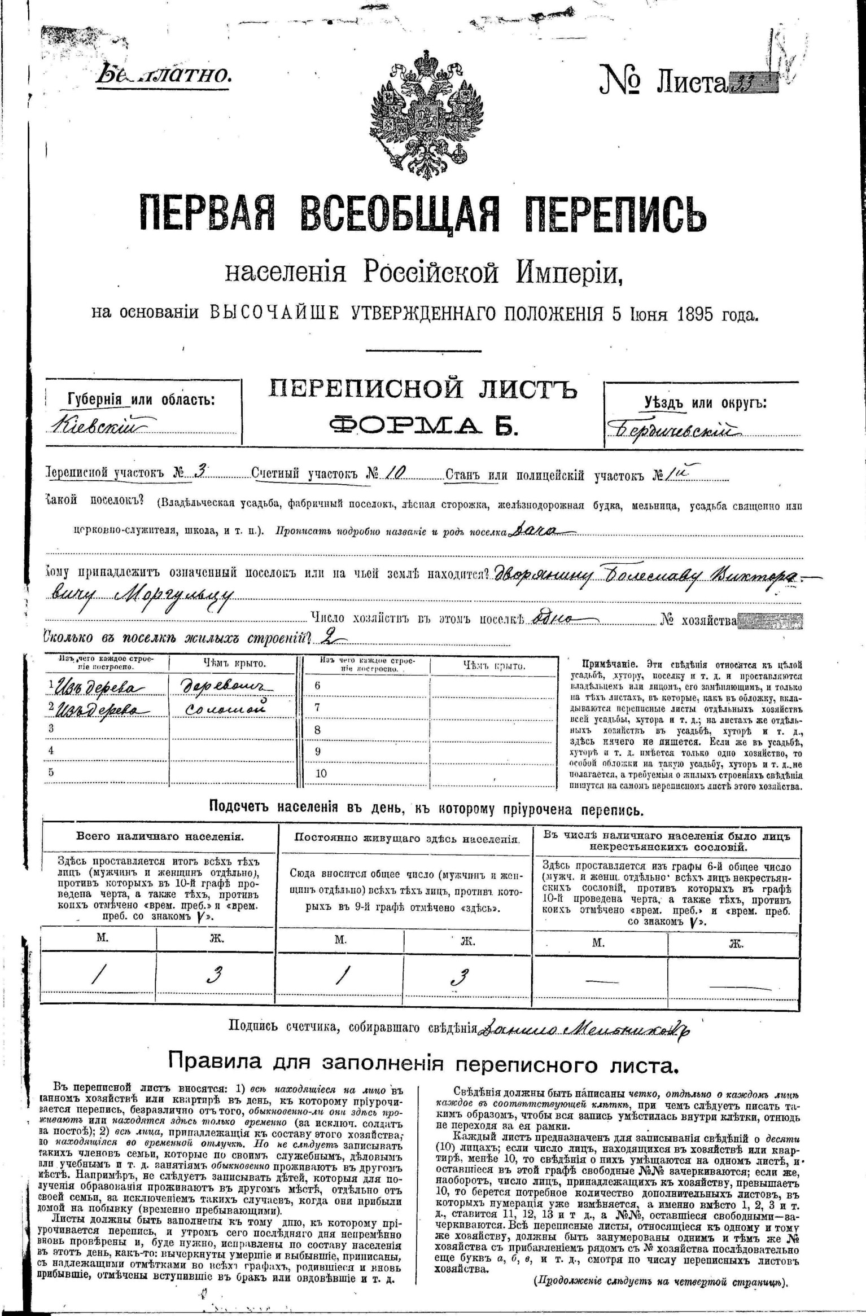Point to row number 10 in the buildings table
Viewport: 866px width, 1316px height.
coord(321,773)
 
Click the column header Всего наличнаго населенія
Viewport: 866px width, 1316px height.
coord(160,836)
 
